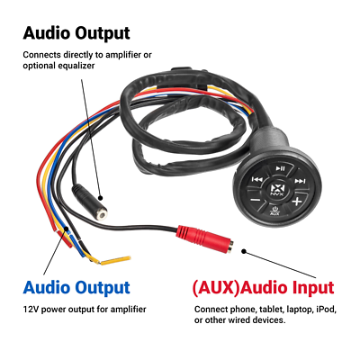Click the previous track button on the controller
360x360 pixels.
pos(258,179)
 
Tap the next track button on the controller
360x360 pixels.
pos(300,181)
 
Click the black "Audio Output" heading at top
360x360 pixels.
pos(76,34)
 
